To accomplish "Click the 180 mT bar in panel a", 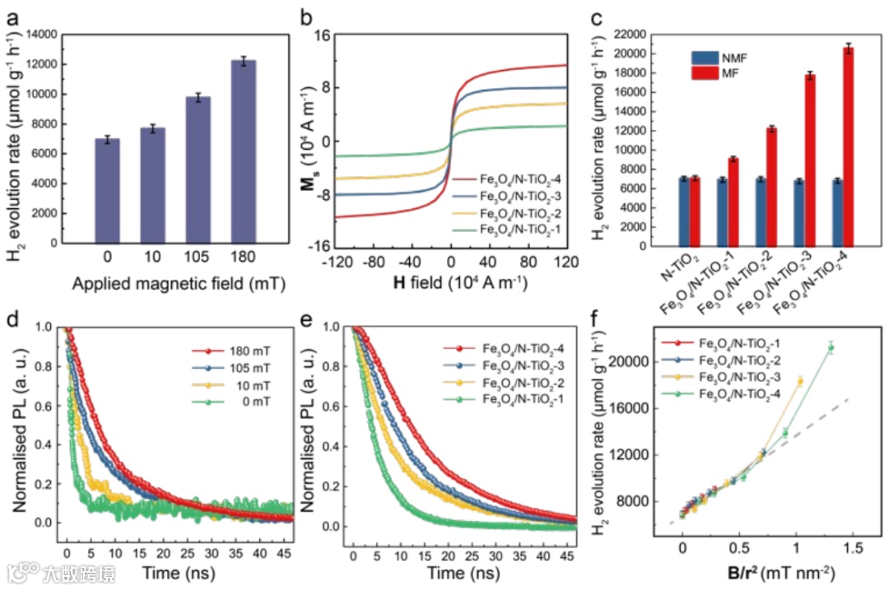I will [244, 152].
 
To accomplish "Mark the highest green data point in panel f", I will [831, 347].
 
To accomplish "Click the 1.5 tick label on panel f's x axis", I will [852, 546].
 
